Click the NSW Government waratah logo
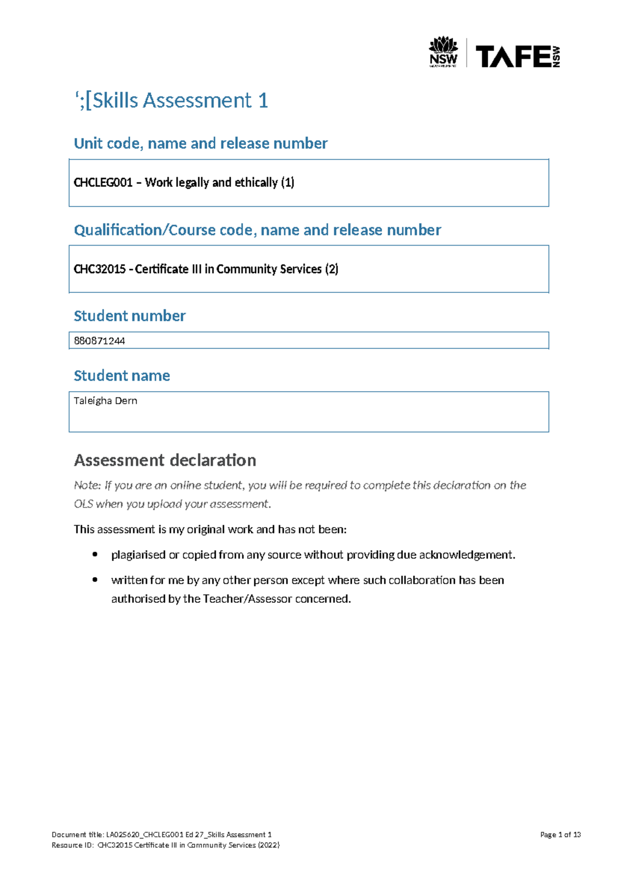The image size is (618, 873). [443, 51]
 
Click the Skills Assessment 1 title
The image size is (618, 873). [171, 100]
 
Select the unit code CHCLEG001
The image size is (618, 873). [103, 183]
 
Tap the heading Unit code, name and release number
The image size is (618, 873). [200, 144]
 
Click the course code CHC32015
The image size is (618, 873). [99, 269]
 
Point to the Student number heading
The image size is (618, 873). [129, 316]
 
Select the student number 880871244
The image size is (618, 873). [99, 341]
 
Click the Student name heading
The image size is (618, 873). [122, 376]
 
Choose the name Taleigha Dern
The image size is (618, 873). [106, 401]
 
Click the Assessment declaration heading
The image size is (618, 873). [165, 460]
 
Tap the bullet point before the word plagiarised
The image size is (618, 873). [95, 554]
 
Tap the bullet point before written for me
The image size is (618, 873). [95, 580]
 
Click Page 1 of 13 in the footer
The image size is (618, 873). [560, 835]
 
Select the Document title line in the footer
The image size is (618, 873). [161, 835]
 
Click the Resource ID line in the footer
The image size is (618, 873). [165, 845]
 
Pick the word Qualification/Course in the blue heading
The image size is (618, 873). [145, 230]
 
